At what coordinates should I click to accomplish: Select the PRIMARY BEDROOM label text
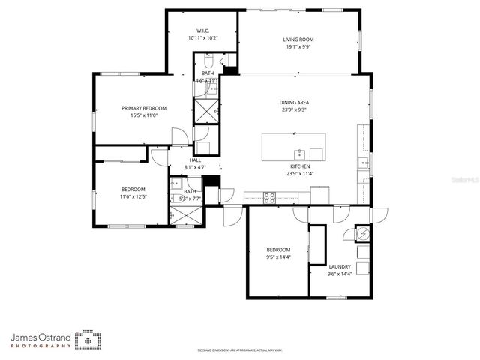[x=144, y=108]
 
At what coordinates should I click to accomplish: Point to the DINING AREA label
[x=295, y=103]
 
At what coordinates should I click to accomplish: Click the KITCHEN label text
[x=300, y=166]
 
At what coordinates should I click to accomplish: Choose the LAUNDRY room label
[x=340, y=266]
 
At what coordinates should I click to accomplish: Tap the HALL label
[x=195, y=160]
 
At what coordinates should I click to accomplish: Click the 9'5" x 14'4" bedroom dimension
[x=277, y=257]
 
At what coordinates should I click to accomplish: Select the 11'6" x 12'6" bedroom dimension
[x=133, y=196]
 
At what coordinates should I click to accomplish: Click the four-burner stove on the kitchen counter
[x=269, y=196]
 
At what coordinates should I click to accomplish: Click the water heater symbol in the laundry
[x=362, y=234]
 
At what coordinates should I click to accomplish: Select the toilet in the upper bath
[x=209, y=62]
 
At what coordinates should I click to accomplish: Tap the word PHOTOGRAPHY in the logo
[x=41, y=346]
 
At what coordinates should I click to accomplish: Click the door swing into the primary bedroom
[x=178, y=136]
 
